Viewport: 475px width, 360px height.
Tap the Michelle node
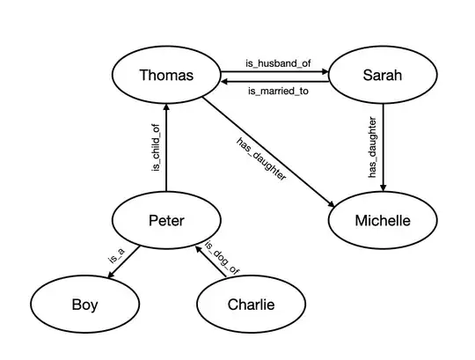(382, 220)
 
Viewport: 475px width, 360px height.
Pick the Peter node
(166, 220)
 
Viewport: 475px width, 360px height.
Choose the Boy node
(84, 305)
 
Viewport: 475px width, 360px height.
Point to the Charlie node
(251, 305)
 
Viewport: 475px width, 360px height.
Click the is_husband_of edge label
(274, 62)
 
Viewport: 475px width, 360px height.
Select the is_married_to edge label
(275, 91)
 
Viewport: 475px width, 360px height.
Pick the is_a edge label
(115, 257)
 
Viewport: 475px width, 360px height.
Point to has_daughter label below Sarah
(373, 147)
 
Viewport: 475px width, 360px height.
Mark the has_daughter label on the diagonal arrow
(261, 158)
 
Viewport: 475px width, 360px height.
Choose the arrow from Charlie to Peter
(214, 263)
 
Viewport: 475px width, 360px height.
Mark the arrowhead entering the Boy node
(110, 278)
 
